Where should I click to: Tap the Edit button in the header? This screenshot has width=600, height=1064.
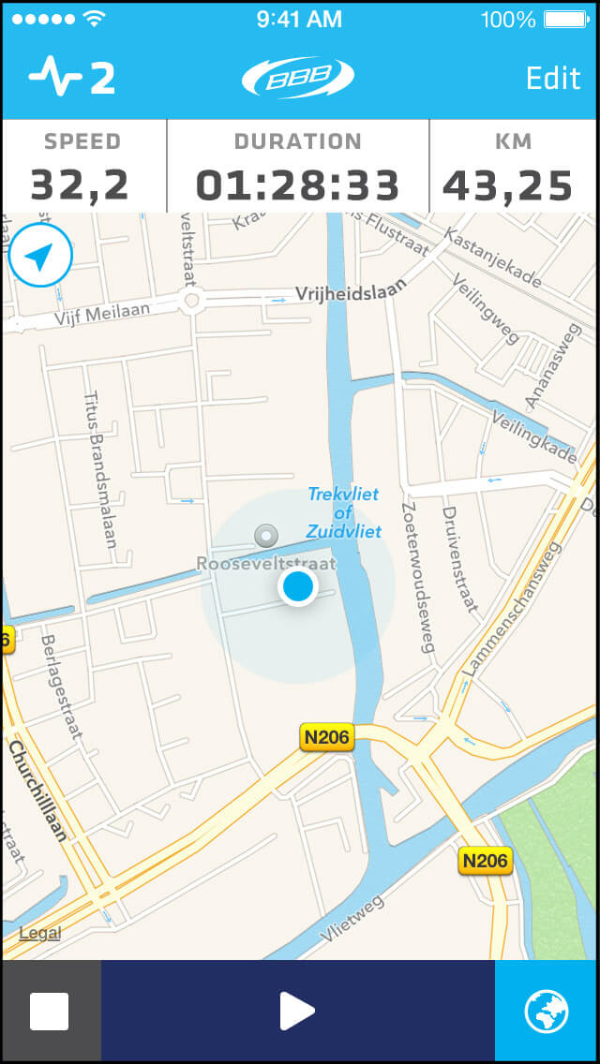[553, 78]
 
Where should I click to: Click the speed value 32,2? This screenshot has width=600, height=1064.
[80, 185]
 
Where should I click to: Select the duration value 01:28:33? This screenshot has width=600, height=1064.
[298, 185]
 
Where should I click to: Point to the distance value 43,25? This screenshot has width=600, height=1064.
[507, 185]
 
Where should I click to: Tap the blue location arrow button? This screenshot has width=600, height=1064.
[39, 255]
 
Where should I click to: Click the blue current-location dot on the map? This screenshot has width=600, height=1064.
[298, 587]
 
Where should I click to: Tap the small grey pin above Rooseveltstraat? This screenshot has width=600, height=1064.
[267, 536]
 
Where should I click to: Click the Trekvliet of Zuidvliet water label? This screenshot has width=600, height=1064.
[344, 512]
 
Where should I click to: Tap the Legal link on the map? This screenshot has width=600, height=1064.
[39, 933]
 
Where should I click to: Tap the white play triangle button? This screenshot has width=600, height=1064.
[297, 1011]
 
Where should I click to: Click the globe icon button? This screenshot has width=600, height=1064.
[547, 1011]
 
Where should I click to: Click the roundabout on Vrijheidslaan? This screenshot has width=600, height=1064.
[191, 301]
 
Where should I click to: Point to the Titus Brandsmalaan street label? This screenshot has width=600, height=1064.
[99, 469]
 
